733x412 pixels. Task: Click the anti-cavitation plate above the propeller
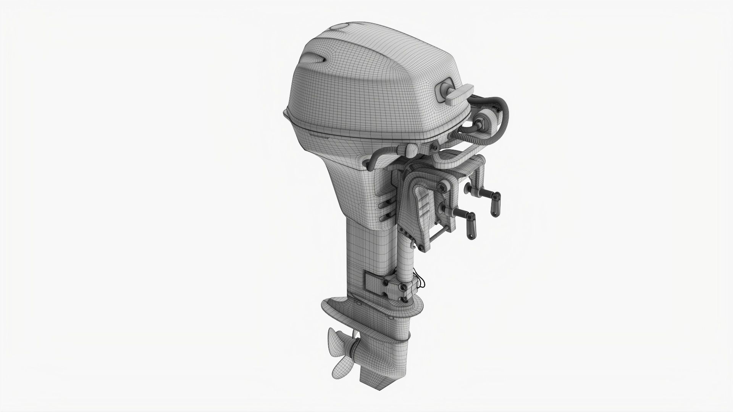[x=336, y=307]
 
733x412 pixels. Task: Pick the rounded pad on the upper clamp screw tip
[x=468, y=188]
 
